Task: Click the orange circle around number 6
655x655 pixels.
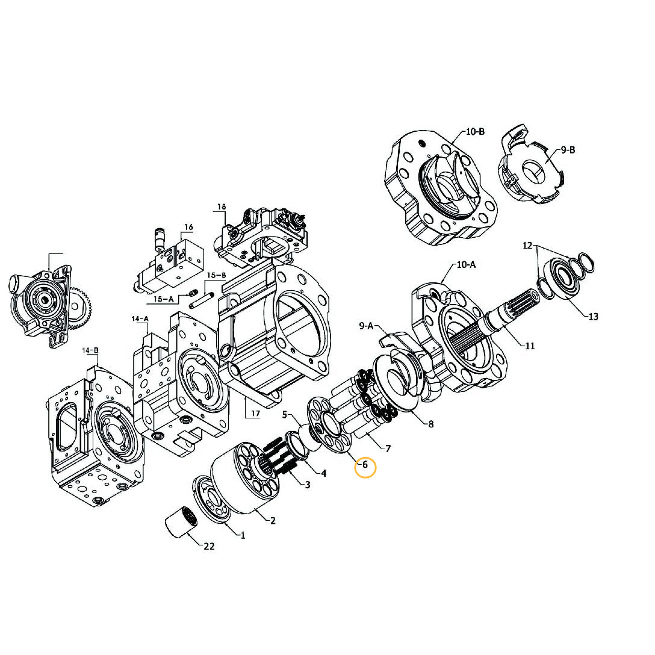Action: [365, 467]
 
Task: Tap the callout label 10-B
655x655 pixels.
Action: [474, 132]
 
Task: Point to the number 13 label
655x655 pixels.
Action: [593, 317]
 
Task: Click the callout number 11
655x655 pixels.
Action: [530, 346]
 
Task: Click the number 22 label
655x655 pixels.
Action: [209, 547]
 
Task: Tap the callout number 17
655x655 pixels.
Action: [255, 414]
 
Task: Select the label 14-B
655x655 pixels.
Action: [90, 350]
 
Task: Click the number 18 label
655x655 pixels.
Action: [222, 207]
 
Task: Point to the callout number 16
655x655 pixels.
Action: [188, 228]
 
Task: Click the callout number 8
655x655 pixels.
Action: [431, 424]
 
